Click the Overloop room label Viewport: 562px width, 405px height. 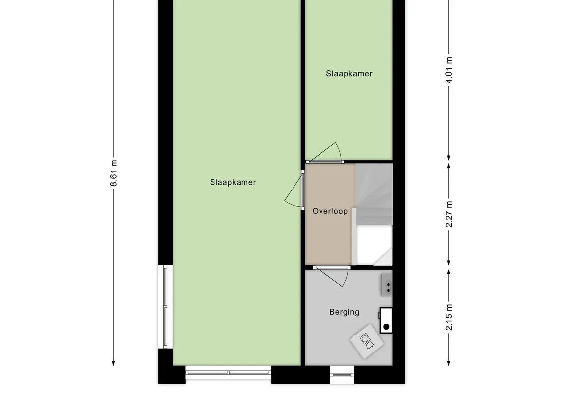click(330, 211)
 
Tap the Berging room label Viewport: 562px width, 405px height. click(344, 312)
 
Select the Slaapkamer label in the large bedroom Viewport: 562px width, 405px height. click(233, 182)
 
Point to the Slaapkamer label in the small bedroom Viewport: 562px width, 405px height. click(349, 74)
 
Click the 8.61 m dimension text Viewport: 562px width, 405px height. click(114, 173)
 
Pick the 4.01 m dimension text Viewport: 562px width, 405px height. click(449, 70)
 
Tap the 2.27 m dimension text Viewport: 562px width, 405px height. click(449, 215)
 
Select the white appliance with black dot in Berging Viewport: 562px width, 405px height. click(386, 321)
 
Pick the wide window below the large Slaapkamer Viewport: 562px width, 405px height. click(228, 373)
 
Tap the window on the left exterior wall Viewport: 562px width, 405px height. click(165, 306)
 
